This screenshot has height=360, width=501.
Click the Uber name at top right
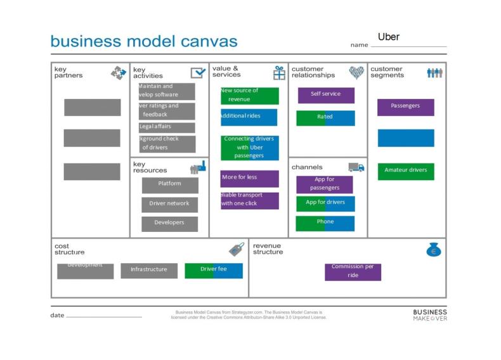point(389,37)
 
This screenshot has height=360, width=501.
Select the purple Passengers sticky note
point(405,106)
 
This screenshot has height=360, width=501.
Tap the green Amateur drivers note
point(405,170)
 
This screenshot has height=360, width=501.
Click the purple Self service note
point(325,94)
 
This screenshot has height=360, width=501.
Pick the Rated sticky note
point(325,117)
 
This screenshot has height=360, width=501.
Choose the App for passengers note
point(324,184)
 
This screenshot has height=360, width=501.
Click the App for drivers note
point(325,203)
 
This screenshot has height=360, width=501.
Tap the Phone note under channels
point(325,222)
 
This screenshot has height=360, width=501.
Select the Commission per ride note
point(353,271)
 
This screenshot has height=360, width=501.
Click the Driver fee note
point(214,270)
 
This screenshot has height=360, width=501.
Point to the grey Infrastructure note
point(149,270)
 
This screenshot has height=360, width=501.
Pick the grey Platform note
point(169,184)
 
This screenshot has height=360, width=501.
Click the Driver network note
point(169,204)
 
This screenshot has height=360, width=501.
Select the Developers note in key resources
point(169,223)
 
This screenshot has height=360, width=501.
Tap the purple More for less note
point(249,178)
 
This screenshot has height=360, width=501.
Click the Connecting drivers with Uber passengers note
point(249,148)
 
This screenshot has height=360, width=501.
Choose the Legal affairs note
point(167,127)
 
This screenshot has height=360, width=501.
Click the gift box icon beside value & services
point(279,73)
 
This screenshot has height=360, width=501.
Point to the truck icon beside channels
point(356,167)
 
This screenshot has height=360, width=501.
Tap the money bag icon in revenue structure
point(434,250)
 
